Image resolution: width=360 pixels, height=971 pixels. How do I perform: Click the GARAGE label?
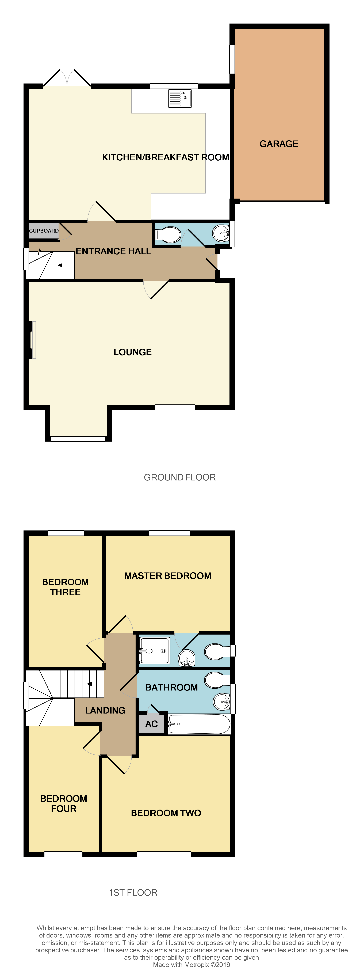coord(279,144)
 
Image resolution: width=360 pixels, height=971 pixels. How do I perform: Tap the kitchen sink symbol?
coord(179,98)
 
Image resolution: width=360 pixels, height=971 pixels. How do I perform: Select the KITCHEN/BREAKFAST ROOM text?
coord(165,157)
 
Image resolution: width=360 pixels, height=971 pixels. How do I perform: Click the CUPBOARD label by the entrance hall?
coord(44,231)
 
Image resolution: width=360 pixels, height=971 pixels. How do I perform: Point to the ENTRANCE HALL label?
coord(113,251)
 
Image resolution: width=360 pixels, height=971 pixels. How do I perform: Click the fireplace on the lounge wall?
coord(32,340)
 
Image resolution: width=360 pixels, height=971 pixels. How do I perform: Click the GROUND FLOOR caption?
coord(179,477)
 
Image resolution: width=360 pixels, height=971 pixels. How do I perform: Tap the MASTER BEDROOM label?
coord(168,576)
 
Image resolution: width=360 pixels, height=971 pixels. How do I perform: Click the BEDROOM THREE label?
coord(65,587)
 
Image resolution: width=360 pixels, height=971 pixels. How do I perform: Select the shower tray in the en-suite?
coord(155,650)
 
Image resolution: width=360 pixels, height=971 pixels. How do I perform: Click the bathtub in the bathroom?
coord(199,724)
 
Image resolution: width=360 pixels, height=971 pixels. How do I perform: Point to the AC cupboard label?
coord(152,724)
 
